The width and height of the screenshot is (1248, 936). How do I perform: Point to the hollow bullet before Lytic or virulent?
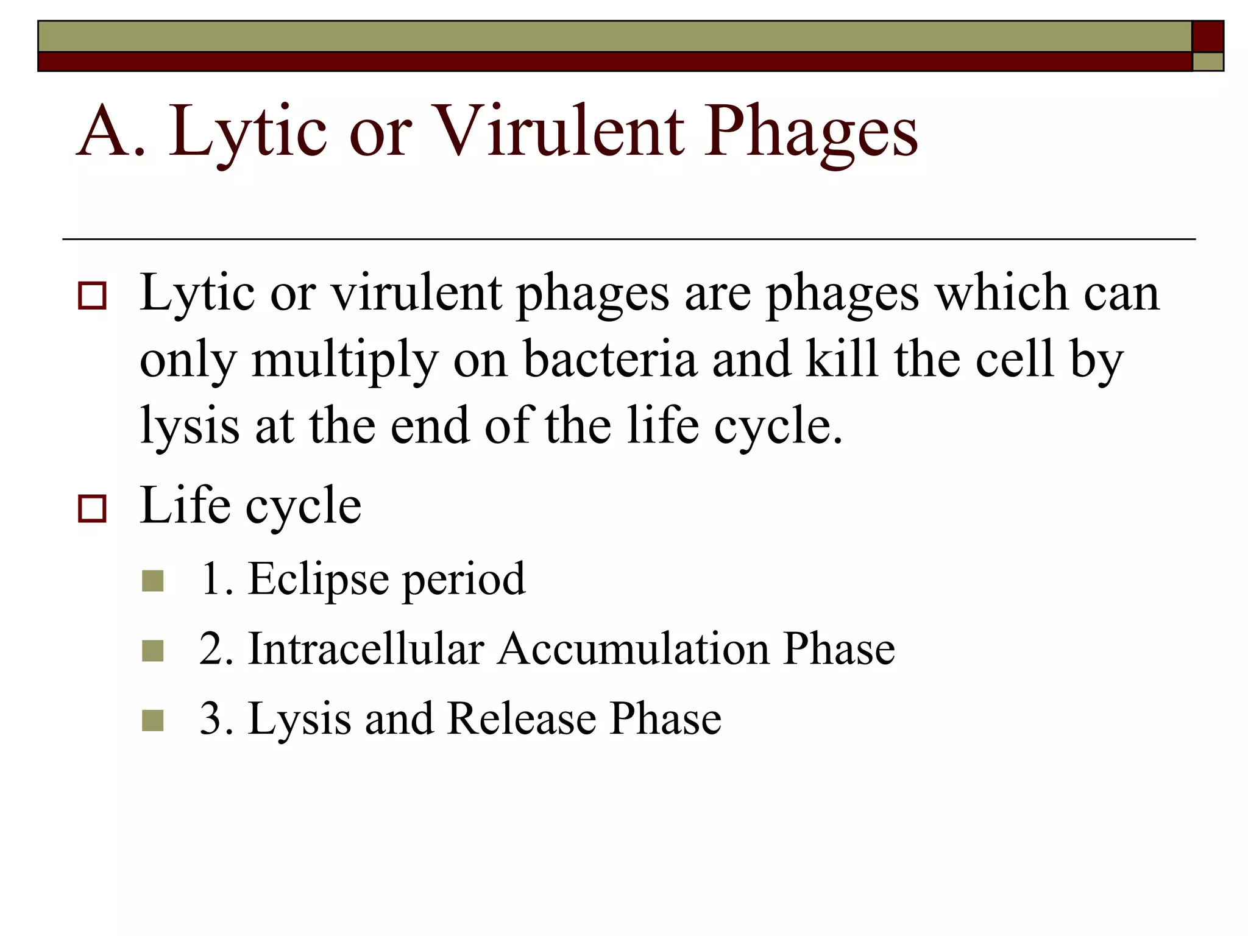point(92,296)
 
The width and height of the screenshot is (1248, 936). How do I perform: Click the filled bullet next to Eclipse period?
point(152,581)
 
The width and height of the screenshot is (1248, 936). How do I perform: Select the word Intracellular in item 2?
point(366,648)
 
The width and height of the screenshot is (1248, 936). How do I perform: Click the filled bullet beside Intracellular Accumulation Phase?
point(152,651)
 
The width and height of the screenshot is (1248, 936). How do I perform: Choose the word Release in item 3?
point(521,718)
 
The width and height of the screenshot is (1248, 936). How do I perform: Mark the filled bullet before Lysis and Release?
point(152,720)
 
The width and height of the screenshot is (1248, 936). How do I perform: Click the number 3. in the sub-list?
point(216,718)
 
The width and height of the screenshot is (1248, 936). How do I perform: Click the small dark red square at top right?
point(1207,37)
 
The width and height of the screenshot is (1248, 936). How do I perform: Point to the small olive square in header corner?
point(1207,62)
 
